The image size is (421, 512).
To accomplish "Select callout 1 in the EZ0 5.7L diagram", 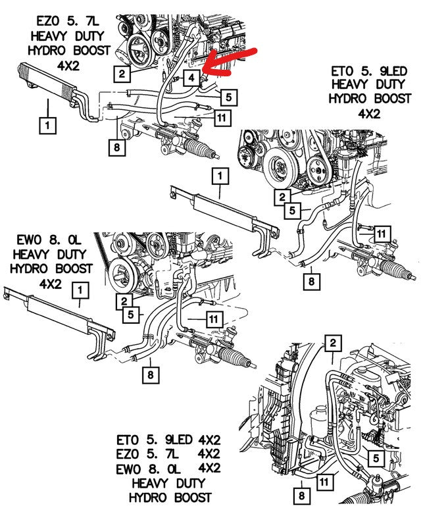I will click(47, 122).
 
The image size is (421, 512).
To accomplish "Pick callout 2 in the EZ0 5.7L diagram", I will click(120, 73).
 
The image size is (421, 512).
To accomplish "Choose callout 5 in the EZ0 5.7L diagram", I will click(226, 98).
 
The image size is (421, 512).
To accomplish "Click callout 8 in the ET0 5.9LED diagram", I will click(311, 282).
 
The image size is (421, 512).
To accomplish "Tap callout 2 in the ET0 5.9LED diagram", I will click(283, 196).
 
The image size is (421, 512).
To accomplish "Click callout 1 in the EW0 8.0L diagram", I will click(80, 289).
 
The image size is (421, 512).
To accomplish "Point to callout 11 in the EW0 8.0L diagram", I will click(212, 319).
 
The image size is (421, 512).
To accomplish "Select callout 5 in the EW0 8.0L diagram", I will click(132, 315).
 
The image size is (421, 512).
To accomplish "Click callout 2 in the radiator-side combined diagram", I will click(334, 343).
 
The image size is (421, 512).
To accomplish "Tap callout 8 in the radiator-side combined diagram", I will click(301, 494).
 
